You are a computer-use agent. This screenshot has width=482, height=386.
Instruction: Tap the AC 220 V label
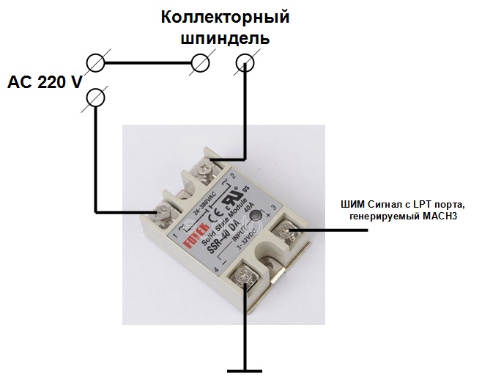pyautogui.click(x=45, y=81)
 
